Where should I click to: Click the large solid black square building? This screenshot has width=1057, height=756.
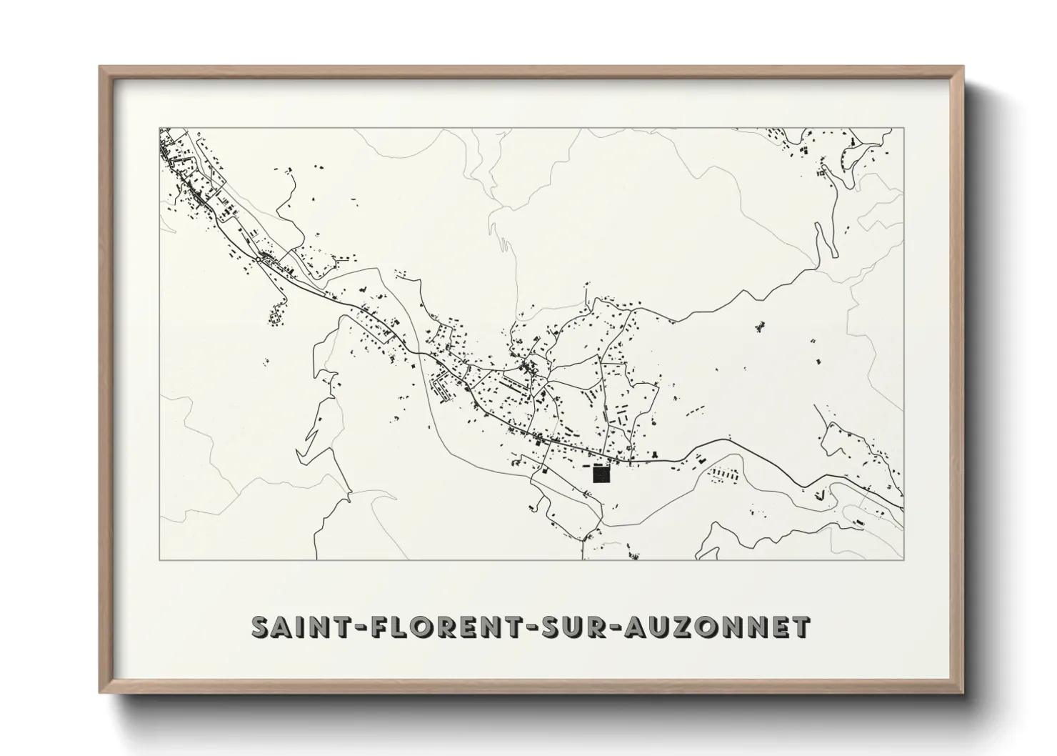click(602, 474)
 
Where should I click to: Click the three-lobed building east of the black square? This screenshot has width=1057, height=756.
click(654, 455)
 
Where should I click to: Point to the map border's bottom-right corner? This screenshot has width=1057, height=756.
click(903, 560)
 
